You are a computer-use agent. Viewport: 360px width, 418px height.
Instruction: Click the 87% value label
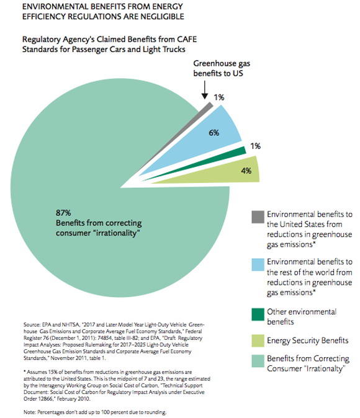[x=63, y=213]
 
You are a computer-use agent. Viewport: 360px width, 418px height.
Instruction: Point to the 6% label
[x=214, y=133]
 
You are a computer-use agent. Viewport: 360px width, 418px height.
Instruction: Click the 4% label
[x=246, y=171]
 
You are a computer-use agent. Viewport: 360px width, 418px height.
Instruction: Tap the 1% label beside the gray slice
[x=219, y=97]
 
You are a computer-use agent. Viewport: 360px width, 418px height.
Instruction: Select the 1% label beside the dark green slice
[x=255, y=146]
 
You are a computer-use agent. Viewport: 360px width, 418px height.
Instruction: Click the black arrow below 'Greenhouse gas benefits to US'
[x=205, y=90]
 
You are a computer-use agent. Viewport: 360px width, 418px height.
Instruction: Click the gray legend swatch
[x=258, y=216]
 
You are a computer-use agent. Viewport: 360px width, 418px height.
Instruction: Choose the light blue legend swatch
[x=258, y=264]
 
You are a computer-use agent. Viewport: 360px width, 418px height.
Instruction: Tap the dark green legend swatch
[x=258, y=314]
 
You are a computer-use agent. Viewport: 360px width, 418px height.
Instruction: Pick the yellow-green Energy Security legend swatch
[x=258, y=340]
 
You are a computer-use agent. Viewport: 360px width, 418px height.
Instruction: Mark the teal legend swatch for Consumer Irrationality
[x=258, y=361]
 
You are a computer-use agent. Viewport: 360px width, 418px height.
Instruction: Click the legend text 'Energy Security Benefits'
[x=308, y=340]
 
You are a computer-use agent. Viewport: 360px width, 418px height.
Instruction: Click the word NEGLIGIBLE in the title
[x=162, y=17]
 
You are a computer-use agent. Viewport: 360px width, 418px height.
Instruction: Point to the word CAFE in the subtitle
[x=187, y=39]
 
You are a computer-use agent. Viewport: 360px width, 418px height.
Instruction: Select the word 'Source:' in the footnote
[x=32, y=325]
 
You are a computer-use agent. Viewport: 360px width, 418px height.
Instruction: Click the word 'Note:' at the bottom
[x=30, y=412]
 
